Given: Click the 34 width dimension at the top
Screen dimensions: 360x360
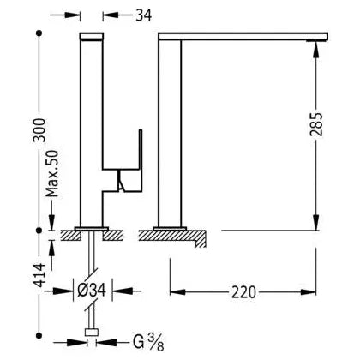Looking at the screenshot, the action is [x=143, y=15].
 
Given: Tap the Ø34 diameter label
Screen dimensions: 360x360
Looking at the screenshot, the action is [x=92, y=291].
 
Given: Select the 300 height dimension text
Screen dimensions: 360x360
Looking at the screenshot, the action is [x=39, y=130].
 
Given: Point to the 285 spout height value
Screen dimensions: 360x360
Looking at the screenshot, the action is [x=316, y=124].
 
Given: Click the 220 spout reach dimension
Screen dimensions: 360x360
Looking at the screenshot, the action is [x=243, y=292].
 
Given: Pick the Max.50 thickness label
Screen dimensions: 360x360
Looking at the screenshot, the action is [x=52, y=173].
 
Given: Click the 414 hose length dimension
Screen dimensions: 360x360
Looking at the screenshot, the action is [x=39, y=275].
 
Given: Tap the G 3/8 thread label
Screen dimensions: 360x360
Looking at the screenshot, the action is [x=148, y=342].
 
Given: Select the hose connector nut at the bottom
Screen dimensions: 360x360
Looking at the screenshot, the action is [x=92, y=333].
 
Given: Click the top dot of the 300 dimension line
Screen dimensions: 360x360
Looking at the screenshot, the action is [x=39, y=33].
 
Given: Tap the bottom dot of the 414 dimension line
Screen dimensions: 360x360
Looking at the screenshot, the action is [x=39, y=335].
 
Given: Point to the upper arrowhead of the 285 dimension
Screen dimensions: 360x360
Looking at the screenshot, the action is [x=316, y=50].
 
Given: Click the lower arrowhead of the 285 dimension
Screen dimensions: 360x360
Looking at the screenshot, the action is [x=316, y=222].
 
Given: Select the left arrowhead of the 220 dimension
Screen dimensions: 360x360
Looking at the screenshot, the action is [x=177, y=292].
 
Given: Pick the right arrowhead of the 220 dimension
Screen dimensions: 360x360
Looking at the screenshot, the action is [x=309, y=292].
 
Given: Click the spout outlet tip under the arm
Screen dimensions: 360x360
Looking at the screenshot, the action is [x=316, y=40].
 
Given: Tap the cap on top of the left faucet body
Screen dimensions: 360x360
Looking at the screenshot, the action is [x=92, y=36].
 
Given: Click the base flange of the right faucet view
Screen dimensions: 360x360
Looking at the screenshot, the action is [x=170, y=229].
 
